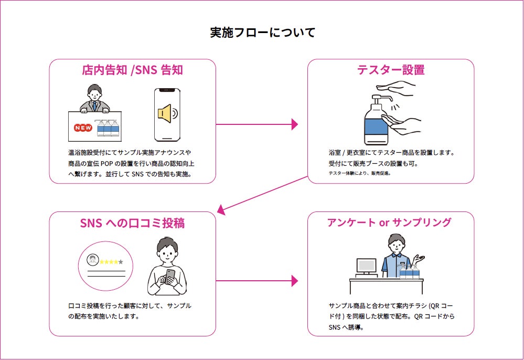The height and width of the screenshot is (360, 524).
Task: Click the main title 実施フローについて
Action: tap(263, 33)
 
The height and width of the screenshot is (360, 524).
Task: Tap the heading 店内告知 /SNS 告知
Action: tap(132, 70)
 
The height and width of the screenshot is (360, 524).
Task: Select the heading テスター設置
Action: tap(391, 70)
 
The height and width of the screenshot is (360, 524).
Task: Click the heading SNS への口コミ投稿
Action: tap(132, 223)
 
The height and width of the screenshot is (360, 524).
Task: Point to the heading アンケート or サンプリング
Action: tap(389, 223)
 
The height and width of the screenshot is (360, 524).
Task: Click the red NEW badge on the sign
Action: tap(83, 128)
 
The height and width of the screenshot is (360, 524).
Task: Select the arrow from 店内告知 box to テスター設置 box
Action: tap(256, 124)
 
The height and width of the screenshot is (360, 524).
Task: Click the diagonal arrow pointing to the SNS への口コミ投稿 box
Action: tap(262, 195)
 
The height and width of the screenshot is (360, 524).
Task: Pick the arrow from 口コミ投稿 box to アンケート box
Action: tap(256, 281)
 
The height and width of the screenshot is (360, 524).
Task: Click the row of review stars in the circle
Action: tap(111, 262)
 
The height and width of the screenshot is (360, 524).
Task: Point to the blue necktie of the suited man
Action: tap(94, 107)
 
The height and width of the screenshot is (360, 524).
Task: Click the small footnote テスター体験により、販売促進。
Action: tap(360, 173)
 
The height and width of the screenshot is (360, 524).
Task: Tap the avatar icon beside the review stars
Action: tap(92, 260)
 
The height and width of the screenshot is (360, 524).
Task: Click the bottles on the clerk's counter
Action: tap(409, 271)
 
